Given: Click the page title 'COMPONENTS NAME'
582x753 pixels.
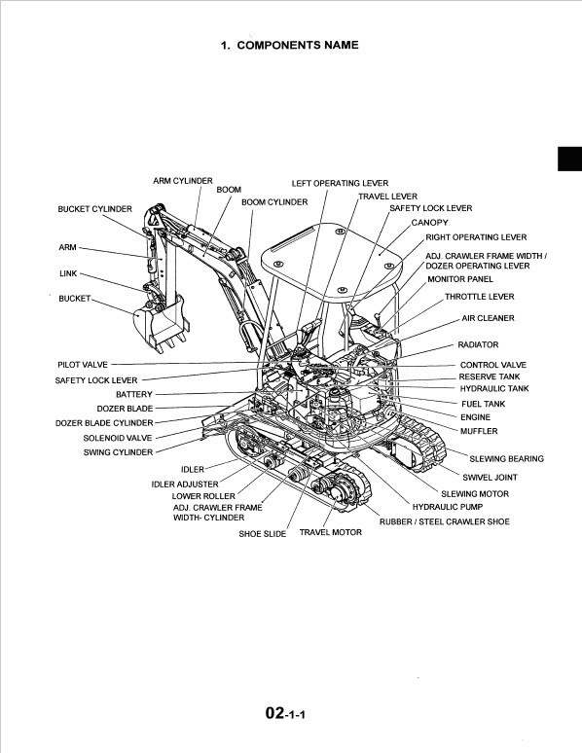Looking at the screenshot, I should (298, 45).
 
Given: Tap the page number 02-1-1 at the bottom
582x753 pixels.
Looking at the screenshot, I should (292, 715).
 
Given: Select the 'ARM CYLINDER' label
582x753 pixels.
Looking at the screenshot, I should (183, 181).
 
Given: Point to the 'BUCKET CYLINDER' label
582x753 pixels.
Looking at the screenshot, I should (94, 209).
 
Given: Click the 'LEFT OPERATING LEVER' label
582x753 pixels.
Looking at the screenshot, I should (340, 183).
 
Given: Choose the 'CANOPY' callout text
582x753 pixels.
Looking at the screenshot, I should (429, 223).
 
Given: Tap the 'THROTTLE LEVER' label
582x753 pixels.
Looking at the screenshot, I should (479, 297).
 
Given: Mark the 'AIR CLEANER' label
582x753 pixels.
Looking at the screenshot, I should (488, 318).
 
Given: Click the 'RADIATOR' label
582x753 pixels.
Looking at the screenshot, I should (478, 344).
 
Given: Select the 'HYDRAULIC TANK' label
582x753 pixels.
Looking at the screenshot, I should (493, 388).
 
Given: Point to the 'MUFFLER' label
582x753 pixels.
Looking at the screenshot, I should (478, 431).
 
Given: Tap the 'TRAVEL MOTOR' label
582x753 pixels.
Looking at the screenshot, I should (330, 532).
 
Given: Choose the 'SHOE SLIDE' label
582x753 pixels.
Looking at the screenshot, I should (263, 534).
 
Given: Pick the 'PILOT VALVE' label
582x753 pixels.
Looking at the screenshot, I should (83, 364).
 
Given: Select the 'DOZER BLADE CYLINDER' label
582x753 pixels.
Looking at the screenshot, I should (104, 423).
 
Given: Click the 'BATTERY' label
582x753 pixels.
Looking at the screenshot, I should (134, 394).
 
